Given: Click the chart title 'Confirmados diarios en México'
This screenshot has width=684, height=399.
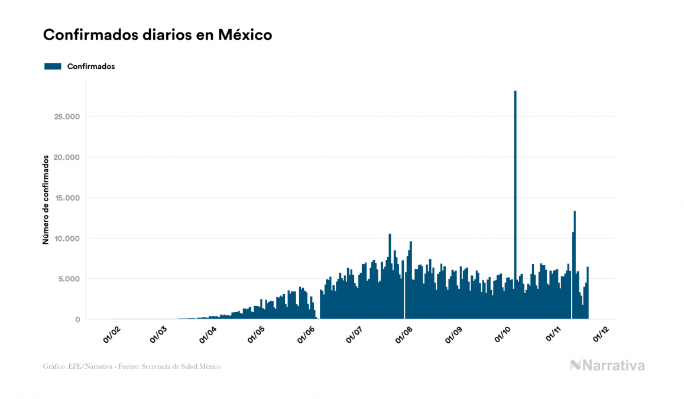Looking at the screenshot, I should pos(157,35).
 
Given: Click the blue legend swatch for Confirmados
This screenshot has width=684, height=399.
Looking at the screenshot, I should pos(53,66).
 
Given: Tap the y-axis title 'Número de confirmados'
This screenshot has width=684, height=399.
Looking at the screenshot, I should pos(46,199).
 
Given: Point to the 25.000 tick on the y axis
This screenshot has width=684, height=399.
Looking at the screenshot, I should pos(66,117).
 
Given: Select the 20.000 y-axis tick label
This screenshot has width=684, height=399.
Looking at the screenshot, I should pos(66,157).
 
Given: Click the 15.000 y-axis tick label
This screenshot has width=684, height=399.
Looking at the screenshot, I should pos(66,198).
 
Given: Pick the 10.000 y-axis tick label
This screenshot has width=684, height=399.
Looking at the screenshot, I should pos(66,239).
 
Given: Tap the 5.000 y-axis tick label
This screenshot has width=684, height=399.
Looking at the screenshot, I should pos(69,279).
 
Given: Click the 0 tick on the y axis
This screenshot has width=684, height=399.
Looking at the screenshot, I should pos(77,320).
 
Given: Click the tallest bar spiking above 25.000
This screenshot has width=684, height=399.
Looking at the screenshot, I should pos(515,178).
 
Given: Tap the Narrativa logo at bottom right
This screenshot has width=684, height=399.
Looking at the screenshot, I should pos(607,365).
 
